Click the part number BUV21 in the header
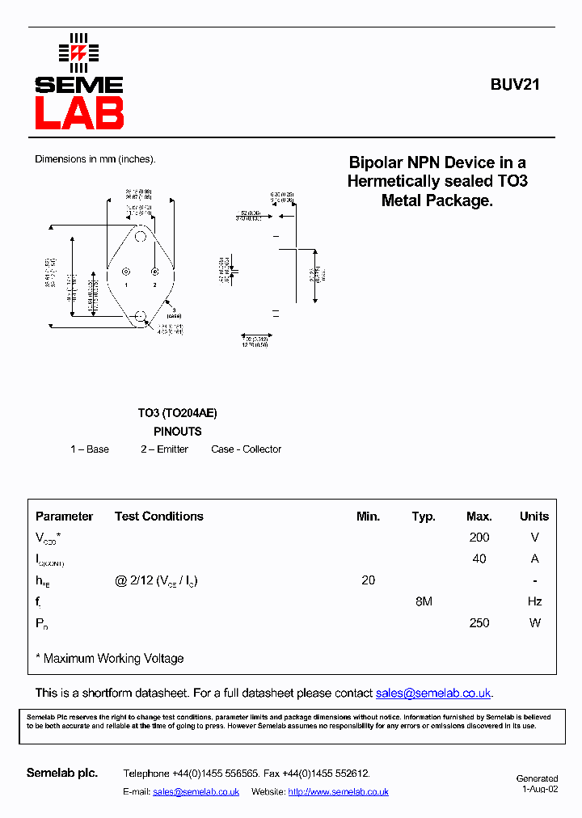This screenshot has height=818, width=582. tap(514, 84)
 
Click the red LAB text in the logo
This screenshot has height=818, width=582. tap(78, 113)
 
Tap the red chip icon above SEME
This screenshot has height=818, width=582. tap(78, 53)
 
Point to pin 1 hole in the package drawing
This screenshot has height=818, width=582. tap(125, 272)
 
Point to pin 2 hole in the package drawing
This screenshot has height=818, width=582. tap(155, 272)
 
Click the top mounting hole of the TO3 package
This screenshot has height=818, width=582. tap(141, 236)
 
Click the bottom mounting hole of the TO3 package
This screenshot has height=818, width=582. tap(141, 315)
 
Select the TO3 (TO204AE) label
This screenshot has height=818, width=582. tap(177, 413)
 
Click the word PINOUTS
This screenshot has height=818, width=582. tap(177, 432)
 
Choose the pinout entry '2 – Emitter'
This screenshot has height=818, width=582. tap(164, 449)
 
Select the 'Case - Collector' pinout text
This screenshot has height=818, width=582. tap(246, 449)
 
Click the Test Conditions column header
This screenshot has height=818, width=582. tap(158, 517)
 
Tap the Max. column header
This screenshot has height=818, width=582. tap(479, 517)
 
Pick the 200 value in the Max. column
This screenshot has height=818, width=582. tap(479, 538)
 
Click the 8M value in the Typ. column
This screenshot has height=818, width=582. tap(424, 601)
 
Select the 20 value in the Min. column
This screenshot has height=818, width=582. tap(368, 580)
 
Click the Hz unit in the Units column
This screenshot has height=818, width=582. tap(534, 601)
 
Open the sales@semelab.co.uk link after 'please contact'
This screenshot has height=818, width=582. tap(433, 694)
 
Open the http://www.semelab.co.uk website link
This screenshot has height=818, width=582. tap(338, 792)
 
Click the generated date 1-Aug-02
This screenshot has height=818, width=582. tap(539, 789)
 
